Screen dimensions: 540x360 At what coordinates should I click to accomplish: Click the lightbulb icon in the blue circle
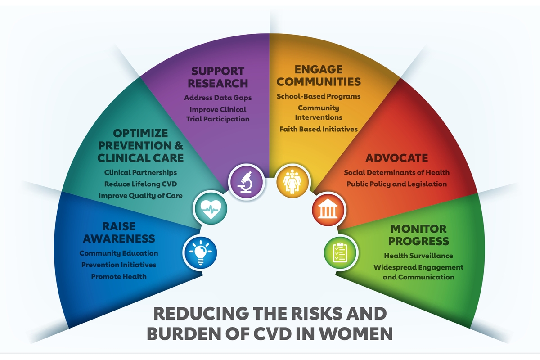click(x=200, y=253)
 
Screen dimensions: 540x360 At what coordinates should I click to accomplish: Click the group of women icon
click(x=292, y=181)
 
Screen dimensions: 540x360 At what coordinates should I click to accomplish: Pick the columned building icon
click(x=328, y=209)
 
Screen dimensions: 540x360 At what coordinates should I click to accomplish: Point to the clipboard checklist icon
click(x=340, y=253)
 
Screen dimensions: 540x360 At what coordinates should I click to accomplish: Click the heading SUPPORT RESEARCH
click(x=218, y=77)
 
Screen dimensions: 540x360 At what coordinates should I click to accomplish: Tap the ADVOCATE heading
click(x=397, y=158)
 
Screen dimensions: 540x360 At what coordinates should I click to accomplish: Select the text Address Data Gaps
click(x=218, y=98)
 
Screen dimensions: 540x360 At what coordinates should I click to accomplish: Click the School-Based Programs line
click(x=319, y=96)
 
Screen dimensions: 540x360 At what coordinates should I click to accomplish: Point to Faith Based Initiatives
click(x=319, y=129)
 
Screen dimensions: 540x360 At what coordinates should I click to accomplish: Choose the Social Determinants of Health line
click(x=397, y=172)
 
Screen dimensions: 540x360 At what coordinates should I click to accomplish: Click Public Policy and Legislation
click(x=397, y=184)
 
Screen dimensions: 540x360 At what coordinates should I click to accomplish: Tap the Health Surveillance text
click(x=418, y=256)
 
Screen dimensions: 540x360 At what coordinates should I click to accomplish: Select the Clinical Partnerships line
click(x=140, y=172)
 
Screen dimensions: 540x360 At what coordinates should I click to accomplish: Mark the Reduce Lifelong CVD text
click(x=140, y=184)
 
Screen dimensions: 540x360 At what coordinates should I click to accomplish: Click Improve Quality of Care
click(x=140, y=196)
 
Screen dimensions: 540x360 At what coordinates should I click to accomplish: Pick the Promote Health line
click(x=119, y=276)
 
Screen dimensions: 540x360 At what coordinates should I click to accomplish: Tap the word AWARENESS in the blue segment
click(x=119, y=238)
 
